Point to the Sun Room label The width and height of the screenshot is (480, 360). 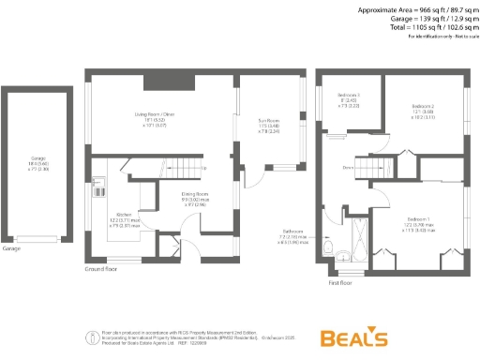(x=269, y=124)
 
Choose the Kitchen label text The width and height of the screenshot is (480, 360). (x=125, y=220)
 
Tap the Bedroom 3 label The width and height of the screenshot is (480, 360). (x=349, y=100)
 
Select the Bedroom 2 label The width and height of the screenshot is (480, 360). (x=427, y=111)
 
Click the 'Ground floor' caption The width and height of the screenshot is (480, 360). (x=100, y=269)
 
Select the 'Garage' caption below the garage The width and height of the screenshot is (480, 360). (x=12, y=249)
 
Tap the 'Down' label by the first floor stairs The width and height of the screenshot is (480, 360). (x=347, y=167)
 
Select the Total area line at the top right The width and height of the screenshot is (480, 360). (x=437, y=27)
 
